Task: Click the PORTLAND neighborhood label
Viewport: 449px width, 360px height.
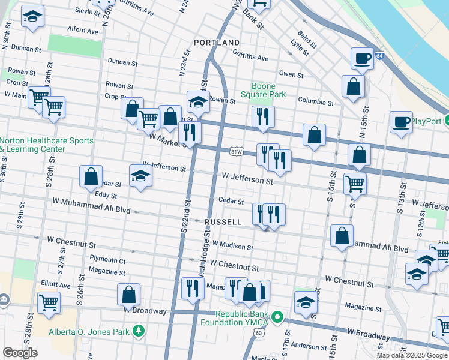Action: pyautogui.click(x=217, y=43)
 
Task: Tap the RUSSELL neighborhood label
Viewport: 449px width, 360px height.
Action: pyautogui.click(x=223, y=222)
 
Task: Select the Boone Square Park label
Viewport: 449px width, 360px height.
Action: pyautogui.click(x=263, y=90)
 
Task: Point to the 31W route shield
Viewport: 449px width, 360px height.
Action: pyautogui.click(x=237, y=152)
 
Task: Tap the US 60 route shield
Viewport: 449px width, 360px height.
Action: pyautogui.click(x=258, y=332)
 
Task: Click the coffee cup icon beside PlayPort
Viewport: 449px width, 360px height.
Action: pyautogui.click(x=401, y=122)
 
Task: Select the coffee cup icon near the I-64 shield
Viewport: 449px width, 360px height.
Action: pyautogui.click(x=362, y=58)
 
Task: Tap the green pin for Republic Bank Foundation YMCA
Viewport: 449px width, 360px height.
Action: pyautogui.click(x=277, y=316)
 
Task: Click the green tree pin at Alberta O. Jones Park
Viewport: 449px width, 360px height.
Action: pyautogui.click(x=139, y=331)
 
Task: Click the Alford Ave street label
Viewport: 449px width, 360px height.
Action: pyautogui.click(x=83, y=30)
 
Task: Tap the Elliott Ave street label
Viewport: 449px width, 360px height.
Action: pyautogui.click(x=61, y=286)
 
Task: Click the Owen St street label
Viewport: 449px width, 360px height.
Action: pyautogui.click(x=291, y=74)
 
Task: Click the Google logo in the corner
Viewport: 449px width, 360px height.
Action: pyautogui.click(x=20, y=353)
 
